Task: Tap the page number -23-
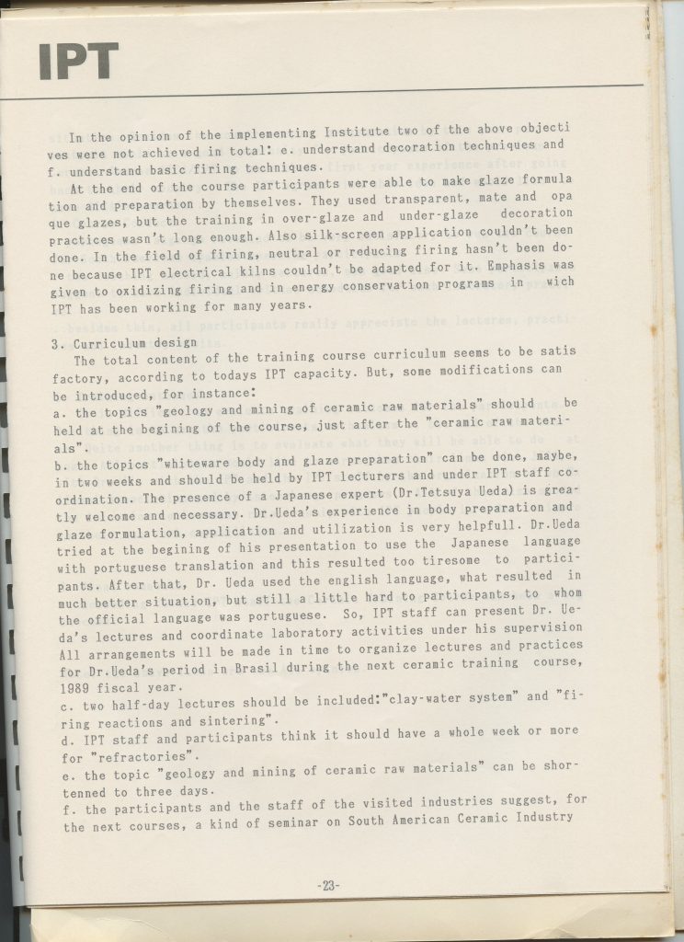tap(328, 886)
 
